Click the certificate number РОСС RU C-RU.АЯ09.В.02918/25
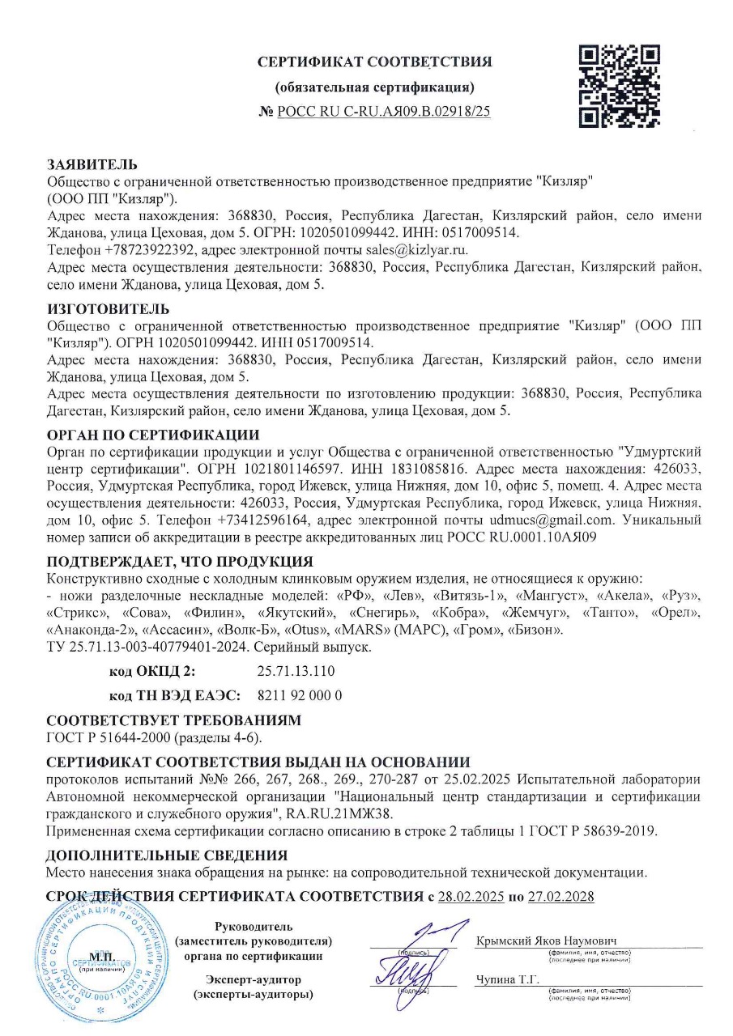point(383,112)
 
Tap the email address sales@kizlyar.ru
point(416,249)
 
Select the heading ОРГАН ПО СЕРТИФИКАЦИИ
point(153,435)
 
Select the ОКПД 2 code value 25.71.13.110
point(295,672)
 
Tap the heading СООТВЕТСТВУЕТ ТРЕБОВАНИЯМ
point(173,720)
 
